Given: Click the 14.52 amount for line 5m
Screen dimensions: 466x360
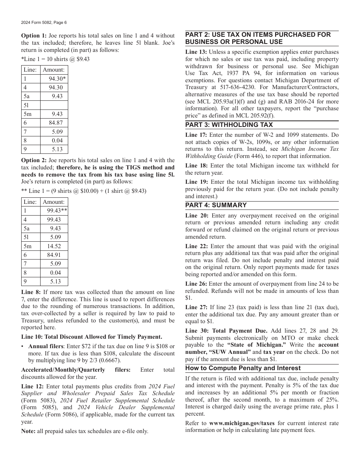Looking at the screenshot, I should tap(54, 246).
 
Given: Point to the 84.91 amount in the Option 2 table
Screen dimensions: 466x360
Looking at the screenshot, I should tap(54, 255).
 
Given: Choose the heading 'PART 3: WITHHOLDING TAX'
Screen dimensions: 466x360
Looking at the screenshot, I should tap(229, 125).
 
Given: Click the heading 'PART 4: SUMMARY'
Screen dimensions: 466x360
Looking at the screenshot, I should tap(216, 205).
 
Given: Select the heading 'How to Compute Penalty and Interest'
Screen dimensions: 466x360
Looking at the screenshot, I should tap(243, 368).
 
